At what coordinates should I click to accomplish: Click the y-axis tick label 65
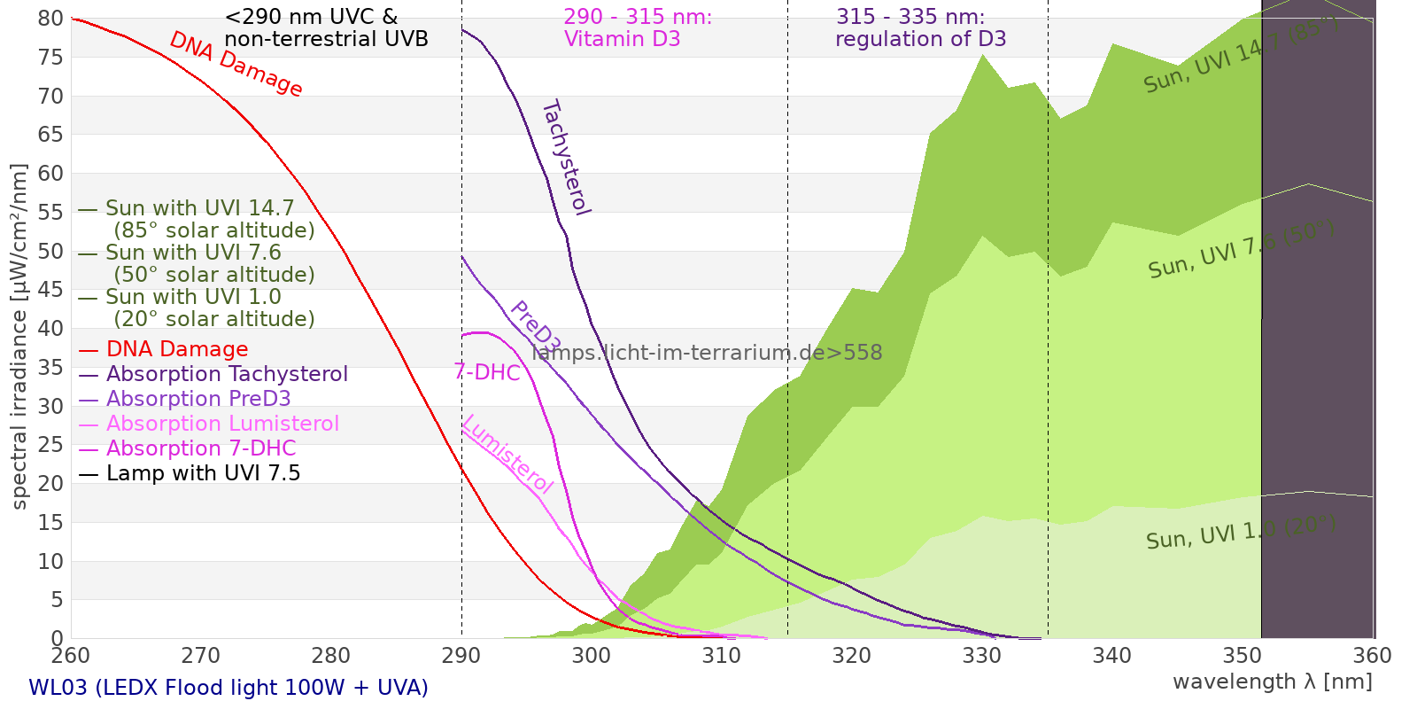(50, 135)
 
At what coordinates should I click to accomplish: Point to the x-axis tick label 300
(591, 656)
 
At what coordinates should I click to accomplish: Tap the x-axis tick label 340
(1111, 656)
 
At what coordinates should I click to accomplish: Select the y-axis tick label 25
(50, 445)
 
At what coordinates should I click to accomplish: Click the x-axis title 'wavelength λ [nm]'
(1272, 682)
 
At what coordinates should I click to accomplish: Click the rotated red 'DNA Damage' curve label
(236, 64)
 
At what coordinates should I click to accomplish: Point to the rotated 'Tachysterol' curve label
(567, 158)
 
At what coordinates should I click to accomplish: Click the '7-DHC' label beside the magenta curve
(487, 373)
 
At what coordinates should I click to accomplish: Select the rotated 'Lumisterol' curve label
(508, 454)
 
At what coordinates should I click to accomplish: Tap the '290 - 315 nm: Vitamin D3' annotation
(638, 27)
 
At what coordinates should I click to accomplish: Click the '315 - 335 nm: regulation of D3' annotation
(920, 27)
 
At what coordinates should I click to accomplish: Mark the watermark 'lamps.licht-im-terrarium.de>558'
(707, 353)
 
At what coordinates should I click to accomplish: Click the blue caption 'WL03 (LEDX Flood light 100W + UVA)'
(228, 688)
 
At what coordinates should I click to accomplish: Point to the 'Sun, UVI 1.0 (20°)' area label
(1241, 532)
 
